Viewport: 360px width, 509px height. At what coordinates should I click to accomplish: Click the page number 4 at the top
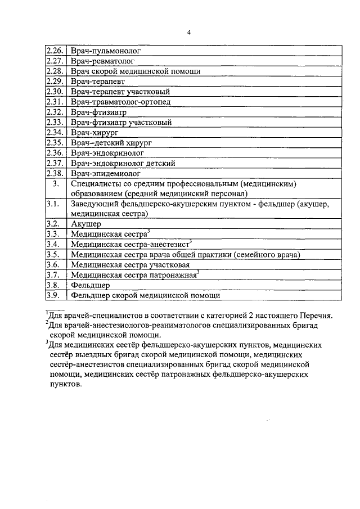click(x=189, y=31)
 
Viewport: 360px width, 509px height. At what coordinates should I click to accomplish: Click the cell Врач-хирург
click(x=92, y=132)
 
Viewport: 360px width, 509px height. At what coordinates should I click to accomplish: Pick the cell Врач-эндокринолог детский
click(x=123, y=163)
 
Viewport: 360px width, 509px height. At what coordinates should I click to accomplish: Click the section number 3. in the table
click(x=55, y=184)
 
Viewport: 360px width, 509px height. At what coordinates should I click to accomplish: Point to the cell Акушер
click(x=85, y=223)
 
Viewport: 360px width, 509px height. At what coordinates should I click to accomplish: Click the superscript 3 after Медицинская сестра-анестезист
click(x=191, y=241)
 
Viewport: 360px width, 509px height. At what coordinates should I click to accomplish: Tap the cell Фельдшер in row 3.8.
click(x=90, y=285)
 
